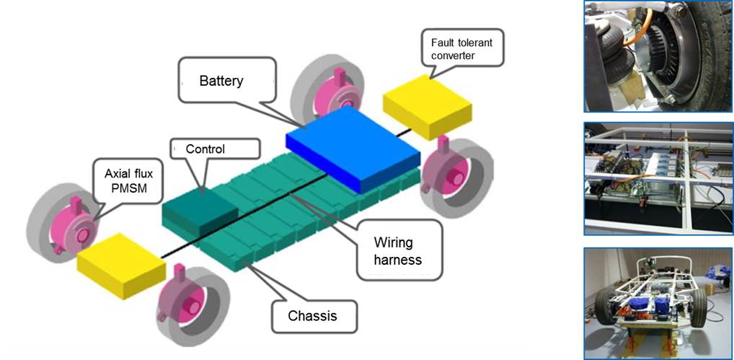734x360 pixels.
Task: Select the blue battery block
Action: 353,147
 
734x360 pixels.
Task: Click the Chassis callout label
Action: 312,315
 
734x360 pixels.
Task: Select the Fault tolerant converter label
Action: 461,49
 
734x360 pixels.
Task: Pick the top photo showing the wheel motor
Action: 658,56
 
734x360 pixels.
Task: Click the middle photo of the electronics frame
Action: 658,178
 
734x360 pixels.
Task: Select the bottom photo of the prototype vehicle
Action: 658,303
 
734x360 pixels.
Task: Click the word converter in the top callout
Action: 452,56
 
